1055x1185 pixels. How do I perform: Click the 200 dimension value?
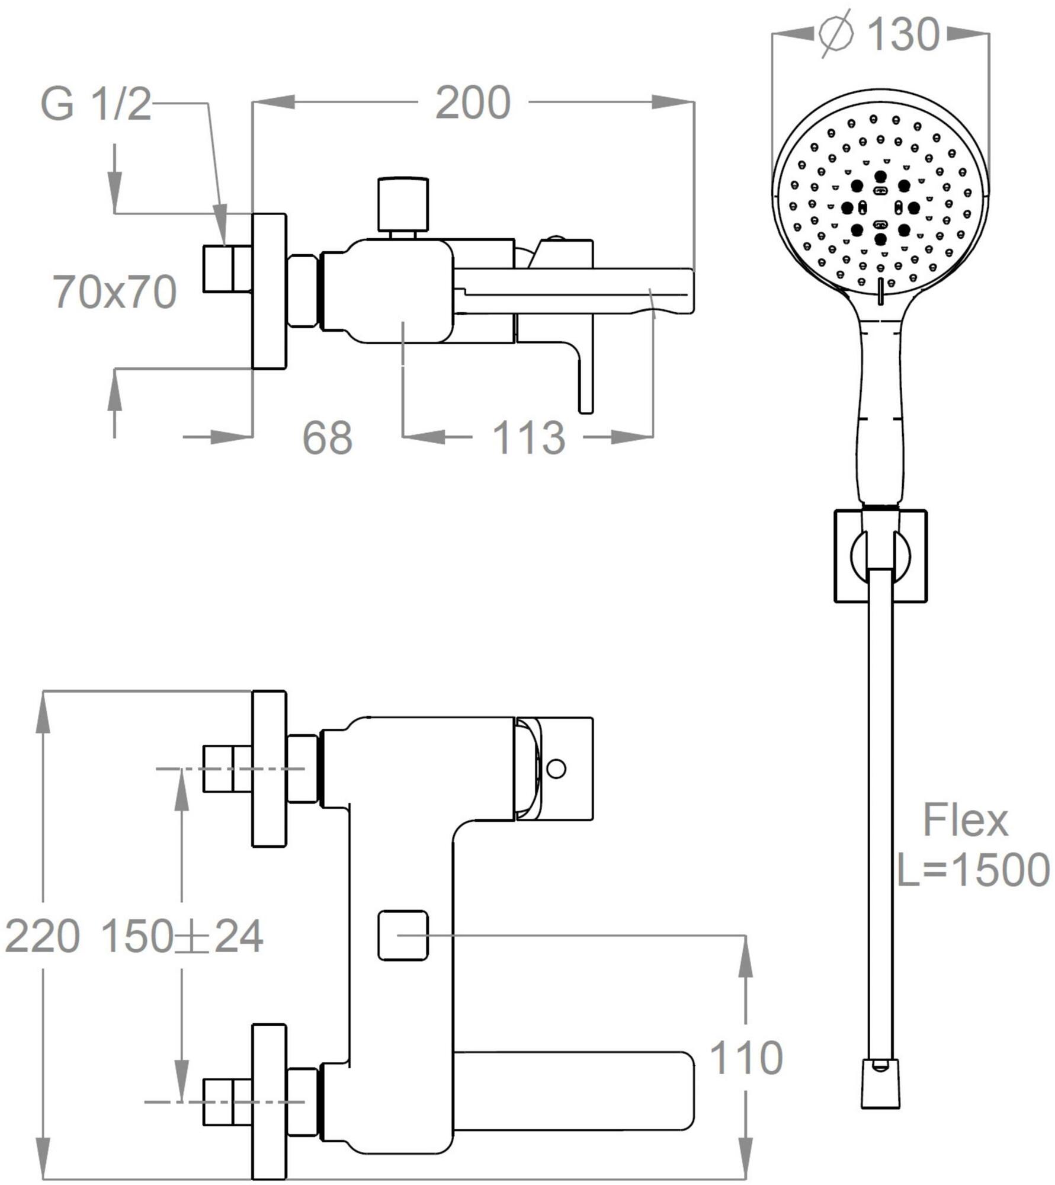tap(473, 104)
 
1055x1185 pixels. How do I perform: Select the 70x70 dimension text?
tap(116, 292)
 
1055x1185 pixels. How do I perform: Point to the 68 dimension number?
tap(327, 438)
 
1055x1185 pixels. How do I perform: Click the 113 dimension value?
tap(528, 438)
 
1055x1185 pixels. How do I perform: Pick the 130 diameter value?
tap(903, 34)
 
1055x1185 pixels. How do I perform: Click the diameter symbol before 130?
tap(836, 34)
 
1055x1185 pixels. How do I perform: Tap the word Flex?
tap(965, 821)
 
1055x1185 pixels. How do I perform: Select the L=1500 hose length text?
tap(973, 870)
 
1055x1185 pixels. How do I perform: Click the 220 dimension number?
tap(42, 937)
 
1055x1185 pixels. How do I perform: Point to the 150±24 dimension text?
tap(182, 937)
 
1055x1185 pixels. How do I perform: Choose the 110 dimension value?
tap(746, 1058)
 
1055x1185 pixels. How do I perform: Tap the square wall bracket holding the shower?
tap(880, 555)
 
